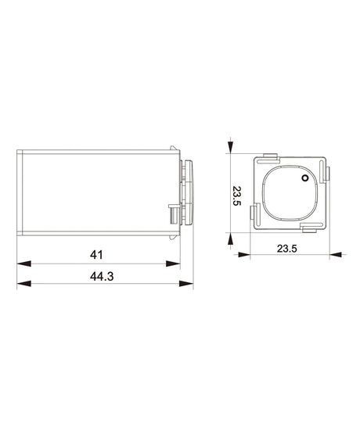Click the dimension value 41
[x=97, y=255]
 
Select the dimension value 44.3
[x=97, y=277]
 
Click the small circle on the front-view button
[x=304, y=179]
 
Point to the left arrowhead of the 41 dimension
[x=22, y=264]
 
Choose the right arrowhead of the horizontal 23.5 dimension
[x=337, y=254]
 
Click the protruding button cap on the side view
[x=187, y=192]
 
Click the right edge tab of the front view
[x=329, y=172]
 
